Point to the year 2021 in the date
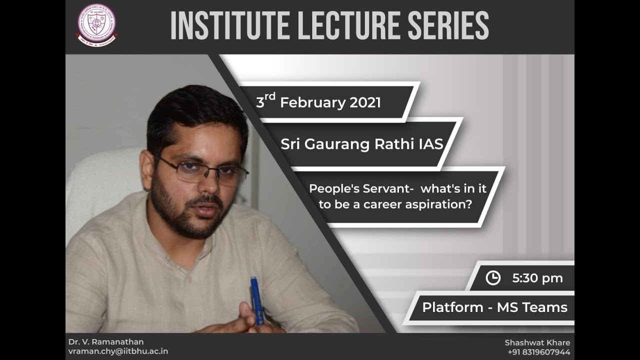click(365, 103)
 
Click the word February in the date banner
click(312, 103)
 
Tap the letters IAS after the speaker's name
click(430, 144)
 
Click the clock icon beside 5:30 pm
click(493, 278)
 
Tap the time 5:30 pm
click(537, 278)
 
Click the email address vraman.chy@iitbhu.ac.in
click(118, 351)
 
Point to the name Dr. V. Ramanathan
click(106, 342)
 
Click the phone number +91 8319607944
click(538, 352)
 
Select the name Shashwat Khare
click(537, 342)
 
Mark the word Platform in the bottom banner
click(452, 307)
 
